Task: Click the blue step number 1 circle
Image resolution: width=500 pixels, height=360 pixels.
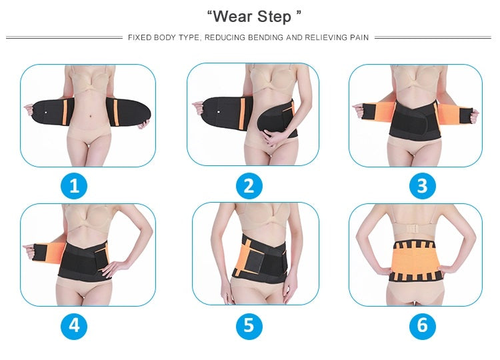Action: coord(74,185)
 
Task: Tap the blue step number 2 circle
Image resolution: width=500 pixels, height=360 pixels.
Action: coord(249,185)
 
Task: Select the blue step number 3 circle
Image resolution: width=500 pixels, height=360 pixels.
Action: coord(422,185)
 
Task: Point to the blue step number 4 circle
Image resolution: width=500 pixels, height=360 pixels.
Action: coord(74,326)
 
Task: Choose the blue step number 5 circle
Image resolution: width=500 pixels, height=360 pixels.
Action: coord(249,326)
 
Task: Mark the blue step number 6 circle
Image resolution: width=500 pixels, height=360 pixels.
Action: coord(422,326)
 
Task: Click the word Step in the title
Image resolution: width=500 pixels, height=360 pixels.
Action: coord(274,17)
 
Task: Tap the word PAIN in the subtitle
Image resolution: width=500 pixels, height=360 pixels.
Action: coord(359,37)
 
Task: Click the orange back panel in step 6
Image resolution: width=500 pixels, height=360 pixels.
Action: coord(415,260)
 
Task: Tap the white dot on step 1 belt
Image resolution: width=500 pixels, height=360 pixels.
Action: coord(45,112)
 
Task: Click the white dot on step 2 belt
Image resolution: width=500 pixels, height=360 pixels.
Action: coord(219,112)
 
